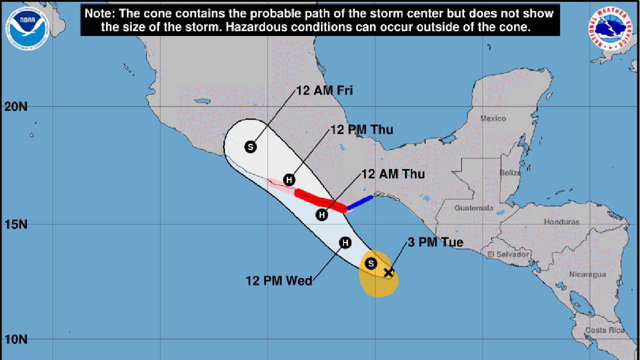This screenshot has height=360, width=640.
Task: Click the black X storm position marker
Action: (388, 272)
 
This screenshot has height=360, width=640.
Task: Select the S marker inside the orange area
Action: (371, 263)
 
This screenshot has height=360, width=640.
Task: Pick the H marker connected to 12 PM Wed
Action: (345, 243)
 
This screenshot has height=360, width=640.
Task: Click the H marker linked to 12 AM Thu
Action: (322, 215)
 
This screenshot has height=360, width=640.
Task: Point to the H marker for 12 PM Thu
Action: (289, 180)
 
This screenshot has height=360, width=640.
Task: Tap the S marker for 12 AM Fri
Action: (250, 147)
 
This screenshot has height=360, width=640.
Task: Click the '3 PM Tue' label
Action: (435, 243)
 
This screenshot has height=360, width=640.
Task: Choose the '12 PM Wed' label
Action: (279, 280)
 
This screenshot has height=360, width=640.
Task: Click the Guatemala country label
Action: (473, 208)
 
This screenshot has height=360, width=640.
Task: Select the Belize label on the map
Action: (510, 173)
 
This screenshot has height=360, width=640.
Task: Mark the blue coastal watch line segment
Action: (360, 202)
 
